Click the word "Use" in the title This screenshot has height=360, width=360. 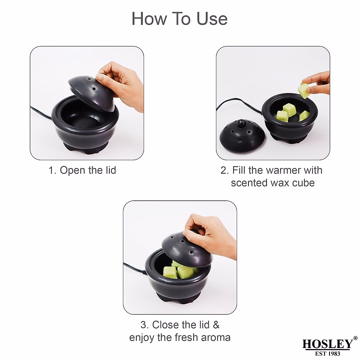tap(212, 19)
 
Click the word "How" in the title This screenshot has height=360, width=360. tap(149, 19)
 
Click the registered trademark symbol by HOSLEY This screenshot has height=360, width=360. tap(355, 338)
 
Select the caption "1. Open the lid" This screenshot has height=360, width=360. tap(82, 170)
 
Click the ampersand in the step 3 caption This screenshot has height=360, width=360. tap(216, 325)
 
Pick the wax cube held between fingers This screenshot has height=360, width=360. tap(304, 91)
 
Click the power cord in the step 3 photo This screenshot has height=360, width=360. tap(134, 268)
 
